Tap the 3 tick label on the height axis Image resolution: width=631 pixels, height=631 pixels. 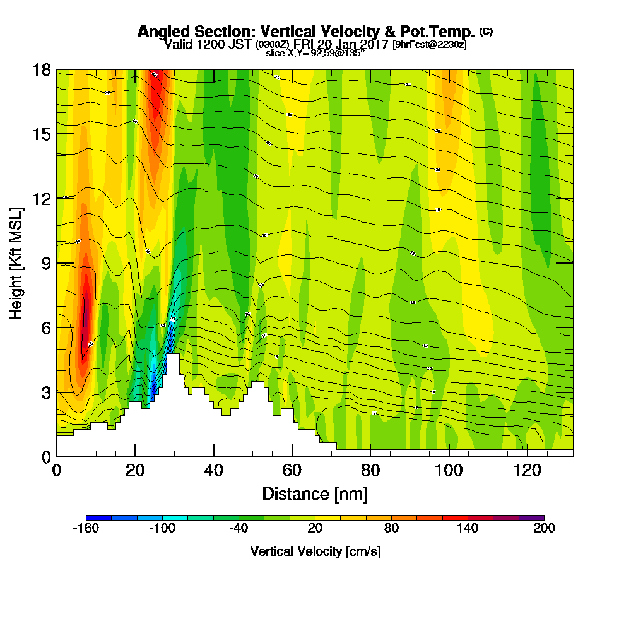pos(45,392)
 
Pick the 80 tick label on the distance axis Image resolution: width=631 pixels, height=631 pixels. pos(371,471)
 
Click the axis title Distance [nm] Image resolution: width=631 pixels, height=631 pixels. pos(315,493)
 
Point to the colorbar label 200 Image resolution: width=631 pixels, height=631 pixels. pos(544,529)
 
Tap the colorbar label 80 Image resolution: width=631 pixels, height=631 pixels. pos(391,529)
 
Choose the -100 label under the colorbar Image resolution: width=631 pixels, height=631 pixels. pos(162,529)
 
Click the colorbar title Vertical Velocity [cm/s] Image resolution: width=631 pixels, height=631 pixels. pos(315,552)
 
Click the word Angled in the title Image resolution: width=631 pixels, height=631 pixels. pos(159,32)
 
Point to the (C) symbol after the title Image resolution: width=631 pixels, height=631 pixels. pos(486,31)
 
